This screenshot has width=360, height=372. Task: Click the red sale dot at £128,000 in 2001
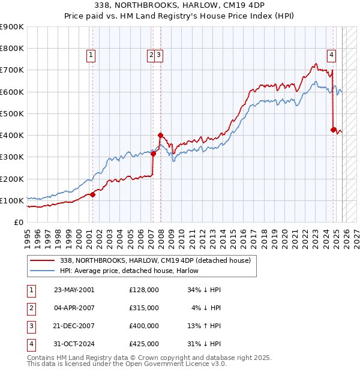click(x=92, y=194)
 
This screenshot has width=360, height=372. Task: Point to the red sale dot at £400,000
click(x=160, y=135)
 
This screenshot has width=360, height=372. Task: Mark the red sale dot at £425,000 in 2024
click(x=334, y=129)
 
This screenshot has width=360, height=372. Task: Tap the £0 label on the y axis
click(x=19, y=222)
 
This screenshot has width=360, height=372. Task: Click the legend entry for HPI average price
click(x=134, y=271)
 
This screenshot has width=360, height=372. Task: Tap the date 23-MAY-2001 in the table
click(x=74, y=289)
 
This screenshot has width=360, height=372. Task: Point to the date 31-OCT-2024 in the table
click(x=74, y=344)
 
